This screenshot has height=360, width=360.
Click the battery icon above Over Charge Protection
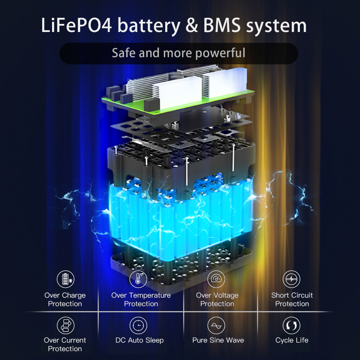(x=65, y=279)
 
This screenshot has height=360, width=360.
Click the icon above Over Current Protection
(x=65, y=325)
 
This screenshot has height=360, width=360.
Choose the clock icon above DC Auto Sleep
(x=139, y=325)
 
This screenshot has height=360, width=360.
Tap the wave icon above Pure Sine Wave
(x=216, y=325)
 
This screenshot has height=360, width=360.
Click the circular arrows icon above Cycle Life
(x=291, y=325)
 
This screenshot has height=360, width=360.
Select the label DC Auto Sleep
(x=140, y=340)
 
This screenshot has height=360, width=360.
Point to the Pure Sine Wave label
(x=218, y=340)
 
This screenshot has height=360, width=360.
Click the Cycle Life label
(x=292, y=340)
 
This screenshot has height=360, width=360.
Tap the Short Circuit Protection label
(x=292, y=300)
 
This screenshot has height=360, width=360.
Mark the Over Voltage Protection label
(x=217, y=300)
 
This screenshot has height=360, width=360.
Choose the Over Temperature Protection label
(x=141, y=300)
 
